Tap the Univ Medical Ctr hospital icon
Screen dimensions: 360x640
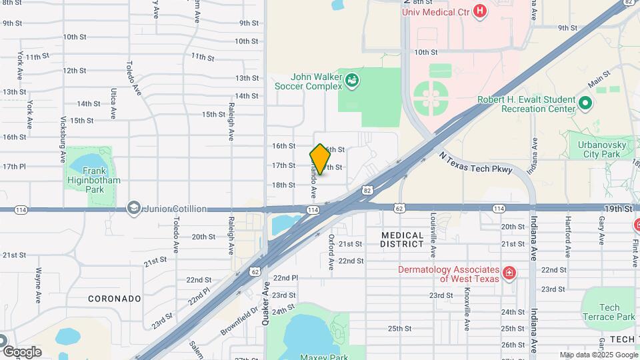[x=479, y=11]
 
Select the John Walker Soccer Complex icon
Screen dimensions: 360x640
[x=352, y=81]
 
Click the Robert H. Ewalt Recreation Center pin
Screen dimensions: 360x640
[x=585, y=103]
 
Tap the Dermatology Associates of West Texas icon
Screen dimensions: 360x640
[x=509, y=273]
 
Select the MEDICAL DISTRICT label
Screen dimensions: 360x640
[x=403, y=239]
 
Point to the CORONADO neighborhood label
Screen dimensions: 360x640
[x=114, y=299]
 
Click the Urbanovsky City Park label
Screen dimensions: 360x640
[x=601, y=148]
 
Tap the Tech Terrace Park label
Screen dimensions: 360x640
[x=608, y=312]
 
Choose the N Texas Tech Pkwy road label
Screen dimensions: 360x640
[x=475, y=162]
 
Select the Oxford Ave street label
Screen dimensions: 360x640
[x=331, y=251]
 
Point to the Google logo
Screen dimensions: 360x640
[x=22, y=351]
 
